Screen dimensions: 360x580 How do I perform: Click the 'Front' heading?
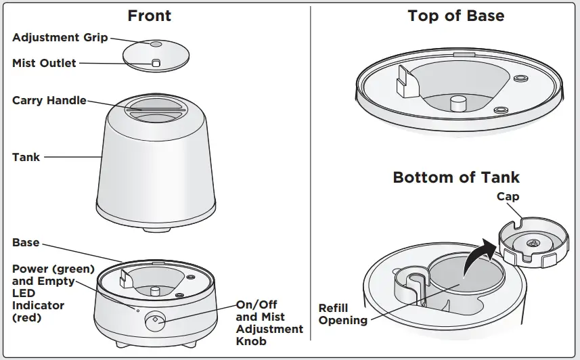pos(149,16)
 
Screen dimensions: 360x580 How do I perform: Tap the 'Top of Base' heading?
pos(455,16)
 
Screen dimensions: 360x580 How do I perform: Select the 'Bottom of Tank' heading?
pos(456,178)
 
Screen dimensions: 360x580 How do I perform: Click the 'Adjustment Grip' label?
pos(60,38)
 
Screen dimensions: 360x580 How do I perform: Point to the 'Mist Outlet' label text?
pos(44,63)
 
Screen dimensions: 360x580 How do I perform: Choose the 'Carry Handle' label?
pos(49,100)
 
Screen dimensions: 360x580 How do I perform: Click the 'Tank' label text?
pos(26,157)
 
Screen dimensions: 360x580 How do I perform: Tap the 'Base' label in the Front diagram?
pos(26,242)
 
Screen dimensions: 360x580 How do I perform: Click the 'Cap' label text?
pos(508,197)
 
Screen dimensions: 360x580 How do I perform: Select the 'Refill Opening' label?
pos(343,314)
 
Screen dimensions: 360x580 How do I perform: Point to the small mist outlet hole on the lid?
pos(155,62)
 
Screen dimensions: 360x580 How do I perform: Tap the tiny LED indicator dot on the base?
pos(137,310)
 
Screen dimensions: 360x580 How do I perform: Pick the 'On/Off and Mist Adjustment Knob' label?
pos(269,322)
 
